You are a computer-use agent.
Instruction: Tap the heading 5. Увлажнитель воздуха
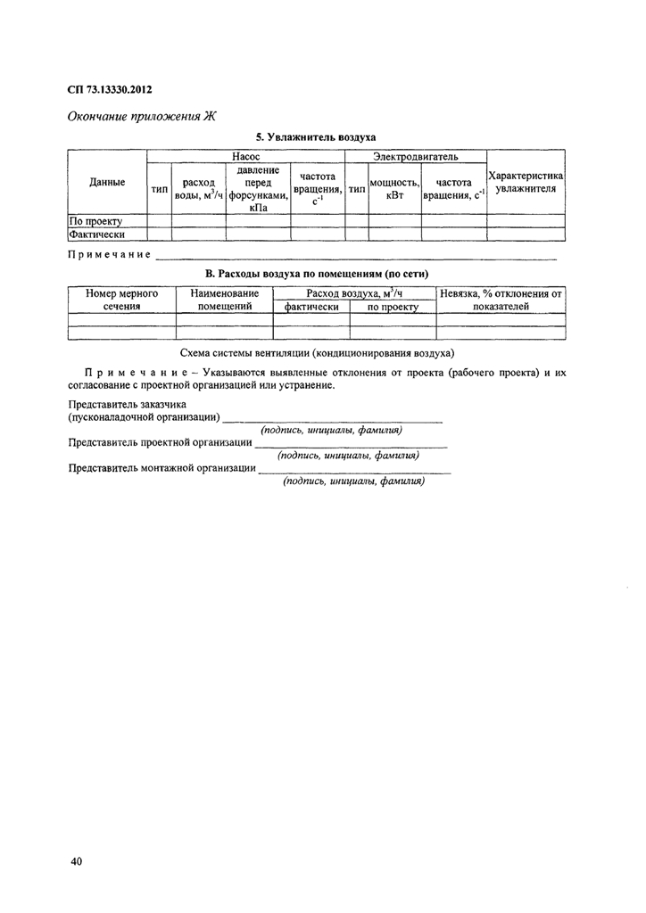point(316,137)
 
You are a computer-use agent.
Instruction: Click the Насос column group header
point(245,157)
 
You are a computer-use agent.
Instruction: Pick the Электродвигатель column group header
point(416,157)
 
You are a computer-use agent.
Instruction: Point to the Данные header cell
point(107,183)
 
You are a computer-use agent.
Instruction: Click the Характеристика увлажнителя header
point(526,183)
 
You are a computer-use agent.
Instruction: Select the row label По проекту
point(95,220)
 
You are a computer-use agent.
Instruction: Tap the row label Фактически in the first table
point(96,234)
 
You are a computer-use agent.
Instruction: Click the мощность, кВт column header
point(394,189)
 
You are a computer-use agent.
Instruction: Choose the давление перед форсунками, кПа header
point(258,189)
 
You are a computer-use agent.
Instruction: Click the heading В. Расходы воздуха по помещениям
point(316,274)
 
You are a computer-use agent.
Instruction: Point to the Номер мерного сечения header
point(121,300)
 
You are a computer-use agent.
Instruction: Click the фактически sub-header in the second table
point(311,307)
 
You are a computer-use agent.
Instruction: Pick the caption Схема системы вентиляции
point(317,353)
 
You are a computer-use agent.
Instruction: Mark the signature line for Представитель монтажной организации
point(354,469)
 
